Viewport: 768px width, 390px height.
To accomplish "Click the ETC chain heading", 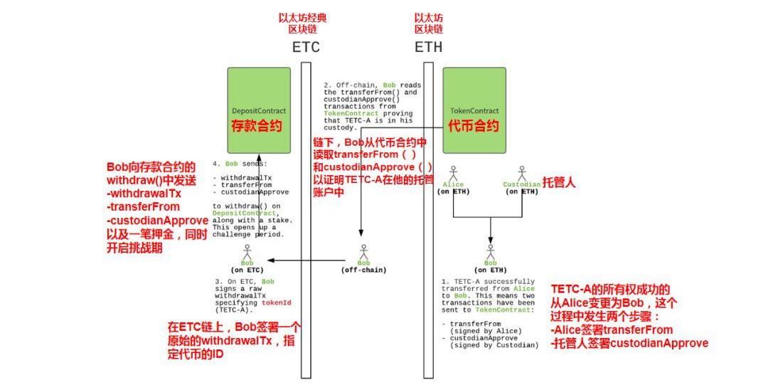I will pyautogui.click(x=306, y=48).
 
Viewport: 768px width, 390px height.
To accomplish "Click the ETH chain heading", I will pyautogui.click(x=428, y=48).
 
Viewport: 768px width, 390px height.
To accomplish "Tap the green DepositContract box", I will pyautogui.click(x=259, y=110).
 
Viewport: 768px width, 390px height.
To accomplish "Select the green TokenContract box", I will pyautogui.click(x=474, y=110).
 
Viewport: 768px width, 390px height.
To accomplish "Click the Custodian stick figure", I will pyautogui.click(x=521, y=173).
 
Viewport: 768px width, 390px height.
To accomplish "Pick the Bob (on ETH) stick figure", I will pyautogui.click(x=490, y=252).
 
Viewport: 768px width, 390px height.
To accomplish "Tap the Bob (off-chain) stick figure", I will pyautogui.click(x=363, y=252).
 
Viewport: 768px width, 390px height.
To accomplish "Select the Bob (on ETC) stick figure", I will pyautogui.click(x=247, y=252).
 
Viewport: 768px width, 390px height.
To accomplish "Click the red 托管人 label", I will pyautogui.click(x=560, y=183).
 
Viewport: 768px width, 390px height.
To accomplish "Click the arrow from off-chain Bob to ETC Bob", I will pyautogui.click(x=306, y=260).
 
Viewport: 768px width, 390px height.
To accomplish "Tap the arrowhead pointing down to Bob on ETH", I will pyautogui.click(x=490, y=241).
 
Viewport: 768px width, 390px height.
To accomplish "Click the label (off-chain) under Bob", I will pyautogui.click(x=363, y=270).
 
